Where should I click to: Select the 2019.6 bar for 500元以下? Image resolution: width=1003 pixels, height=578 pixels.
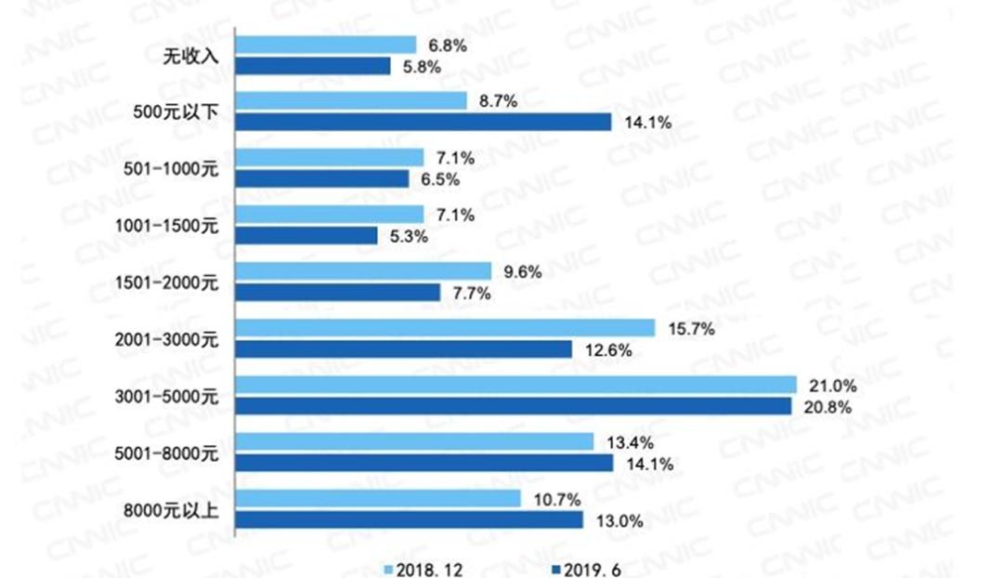(x=423, y=122)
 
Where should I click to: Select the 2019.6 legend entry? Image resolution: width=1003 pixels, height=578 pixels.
(x=587, y=568)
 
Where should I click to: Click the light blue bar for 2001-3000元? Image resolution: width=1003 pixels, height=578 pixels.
(x=446, y=327)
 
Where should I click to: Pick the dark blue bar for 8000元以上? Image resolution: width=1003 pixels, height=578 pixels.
(x=409, y=519)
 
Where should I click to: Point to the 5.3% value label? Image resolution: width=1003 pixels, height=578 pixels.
(x=409, y=236)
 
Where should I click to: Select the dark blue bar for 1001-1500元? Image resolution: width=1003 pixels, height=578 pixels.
(x=306, y=236)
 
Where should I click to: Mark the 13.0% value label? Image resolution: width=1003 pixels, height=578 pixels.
(x=616, y=521)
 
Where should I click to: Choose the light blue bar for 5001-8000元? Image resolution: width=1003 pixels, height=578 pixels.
(x=414, y=440)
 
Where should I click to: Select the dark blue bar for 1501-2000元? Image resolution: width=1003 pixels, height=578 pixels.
(x=338, y=292)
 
